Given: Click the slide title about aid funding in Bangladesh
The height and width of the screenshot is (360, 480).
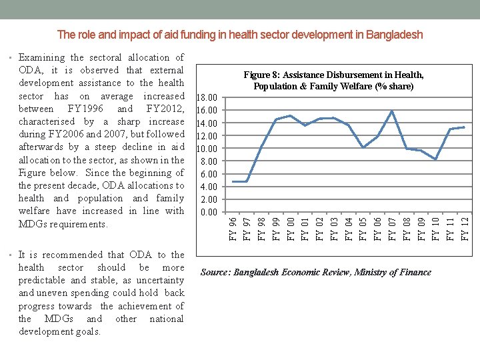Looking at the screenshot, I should (x=240, y=34).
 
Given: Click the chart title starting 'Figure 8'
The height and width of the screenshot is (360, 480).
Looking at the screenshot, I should (x=333, y=81).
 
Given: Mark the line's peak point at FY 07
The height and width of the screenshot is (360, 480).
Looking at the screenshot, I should (x=392, y=111).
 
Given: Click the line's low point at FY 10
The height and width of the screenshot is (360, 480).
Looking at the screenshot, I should (x=435, y=159).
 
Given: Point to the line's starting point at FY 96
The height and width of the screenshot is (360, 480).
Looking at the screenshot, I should (x=233, y=181).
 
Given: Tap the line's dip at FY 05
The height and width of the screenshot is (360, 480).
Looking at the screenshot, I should (x=363, y=147).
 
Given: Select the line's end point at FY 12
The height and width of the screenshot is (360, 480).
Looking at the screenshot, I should (x=464, y=127).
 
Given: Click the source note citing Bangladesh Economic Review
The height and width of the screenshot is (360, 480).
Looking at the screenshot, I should (x=316, y=272).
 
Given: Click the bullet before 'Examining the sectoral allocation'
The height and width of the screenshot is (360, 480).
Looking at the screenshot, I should (x=13, y=58).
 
